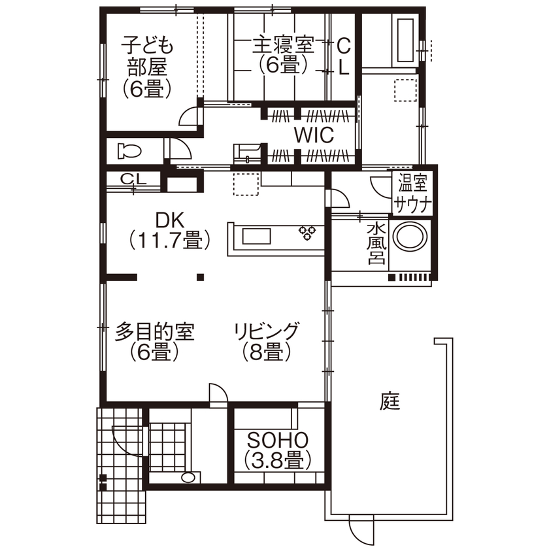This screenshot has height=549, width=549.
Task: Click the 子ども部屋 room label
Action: pyautogui.click(x=147, y=67)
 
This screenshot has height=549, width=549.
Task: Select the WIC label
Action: pyautogui.click(x=314, y=135)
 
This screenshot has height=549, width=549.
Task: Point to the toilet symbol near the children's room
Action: pyautogui.click(x=129, y=152)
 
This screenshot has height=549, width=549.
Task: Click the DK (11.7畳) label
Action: pyautogui.click(x=169, y=229)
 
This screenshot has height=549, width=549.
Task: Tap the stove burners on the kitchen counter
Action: pyautogui.click(x=308, y=233)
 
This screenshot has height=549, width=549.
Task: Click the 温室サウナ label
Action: pyautogui.click(x=412, y=193)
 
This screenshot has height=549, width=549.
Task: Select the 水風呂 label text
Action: pyautogui.click(x=375, y=243)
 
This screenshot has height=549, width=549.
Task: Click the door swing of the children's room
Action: pyautogui.click(x=190, y=117)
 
